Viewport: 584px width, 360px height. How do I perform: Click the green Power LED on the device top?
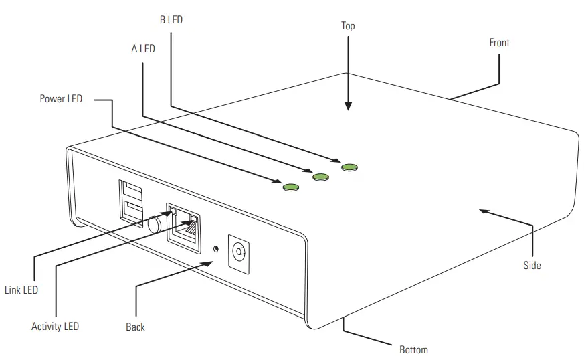[290, 187]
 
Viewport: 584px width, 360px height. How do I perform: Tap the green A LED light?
[321, 177]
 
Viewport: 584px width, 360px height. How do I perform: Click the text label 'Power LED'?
[61, 99]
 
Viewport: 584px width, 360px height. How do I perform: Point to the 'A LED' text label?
[142, 49]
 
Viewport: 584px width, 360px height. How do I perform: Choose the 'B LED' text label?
[171, 20]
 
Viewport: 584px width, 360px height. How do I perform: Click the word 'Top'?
[348, 26]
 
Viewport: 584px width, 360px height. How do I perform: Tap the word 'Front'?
[499, 43]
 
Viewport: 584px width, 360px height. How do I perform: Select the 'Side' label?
[532, 266]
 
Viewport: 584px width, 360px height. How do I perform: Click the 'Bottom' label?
[413, 349]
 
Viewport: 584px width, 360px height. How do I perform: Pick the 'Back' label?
[135, 327]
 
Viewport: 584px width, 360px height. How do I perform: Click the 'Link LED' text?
[21, 290]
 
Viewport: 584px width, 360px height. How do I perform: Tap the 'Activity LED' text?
[55, 327]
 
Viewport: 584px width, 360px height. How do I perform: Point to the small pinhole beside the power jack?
[215, 248]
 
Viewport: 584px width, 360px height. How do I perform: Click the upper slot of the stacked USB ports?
[131, 191]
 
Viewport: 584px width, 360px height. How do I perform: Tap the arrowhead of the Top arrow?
[348, 106]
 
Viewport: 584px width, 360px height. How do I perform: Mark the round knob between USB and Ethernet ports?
[155, 223]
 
